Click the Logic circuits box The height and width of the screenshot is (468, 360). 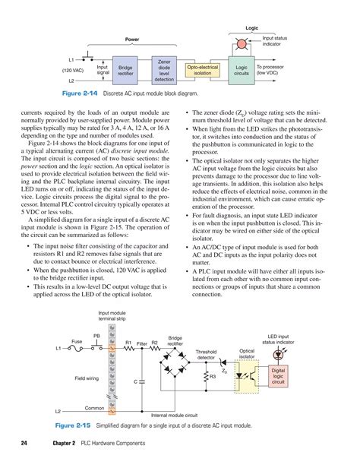243,68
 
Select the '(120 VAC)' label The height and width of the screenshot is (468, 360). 73,70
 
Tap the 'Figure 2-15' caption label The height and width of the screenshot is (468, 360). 73,426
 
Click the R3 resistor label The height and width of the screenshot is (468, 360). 213,378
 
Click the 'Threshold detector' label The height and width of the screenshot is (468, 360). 206,355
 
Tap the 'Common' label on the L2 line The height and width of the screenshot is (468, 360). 94,407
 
